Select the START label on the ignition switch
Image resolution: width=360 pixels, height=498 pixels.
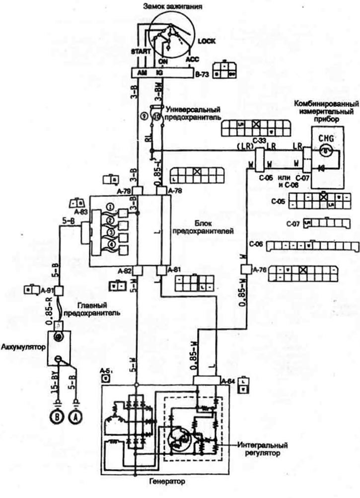point(139,51)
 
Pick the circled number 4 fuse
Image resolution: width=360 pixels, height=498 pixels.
point(110,244)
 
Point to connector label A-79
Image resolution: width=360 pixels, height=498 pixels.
point(125,191)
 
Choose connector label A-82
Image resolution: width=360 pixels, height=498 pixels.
point(125,271)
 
